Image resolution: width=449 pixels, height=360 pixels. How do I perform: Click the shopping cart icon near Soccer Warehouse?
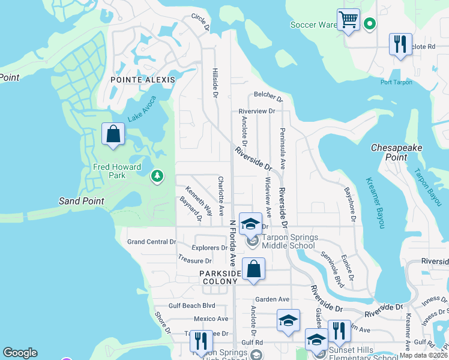pos(348,20)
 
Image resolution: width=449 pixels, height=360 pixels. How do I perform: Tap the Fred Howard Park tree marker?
pos(157,176)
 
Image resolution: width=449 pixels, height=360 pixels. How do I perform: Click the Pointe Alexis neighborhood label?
pos(143,79)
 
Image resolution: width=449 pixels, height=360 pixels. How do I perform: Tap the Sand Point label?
pos(81,201)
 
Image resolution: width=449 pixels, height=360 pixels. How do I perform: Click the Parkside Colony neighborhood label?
pos(220,278)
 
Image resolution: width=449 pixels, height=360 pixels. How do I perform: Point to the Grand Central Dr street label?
pos(151,242)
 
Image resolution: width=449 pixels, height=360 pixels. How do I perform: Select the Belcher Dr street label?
pos(268,95)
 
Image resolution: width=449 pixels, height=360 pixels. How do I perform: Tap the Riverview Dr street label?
pos(256,111)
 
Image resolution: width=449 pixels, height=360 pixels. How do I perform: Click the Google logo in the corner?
pos(20,353)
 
